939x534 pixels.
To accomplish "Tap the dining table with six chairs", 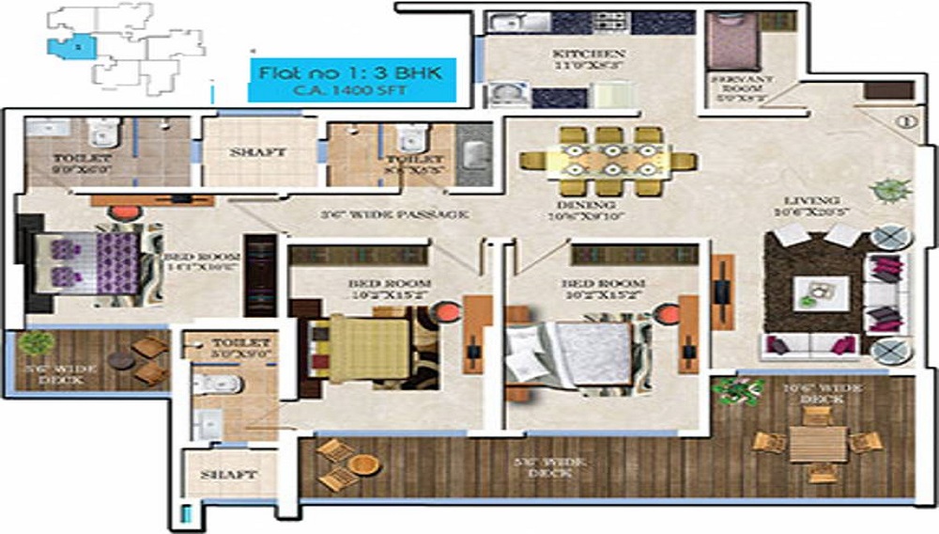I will click(608, 161).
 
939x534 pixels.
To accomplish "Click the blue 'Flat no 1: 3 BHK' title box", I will click(351, 78).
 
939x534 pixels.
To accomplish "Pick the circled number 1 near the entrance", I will click(906, 120).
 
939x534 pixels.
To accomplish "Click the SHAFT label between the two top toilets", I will click(258, 152).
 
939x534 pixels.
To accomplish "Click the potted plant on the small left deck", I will click(35, 344).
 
